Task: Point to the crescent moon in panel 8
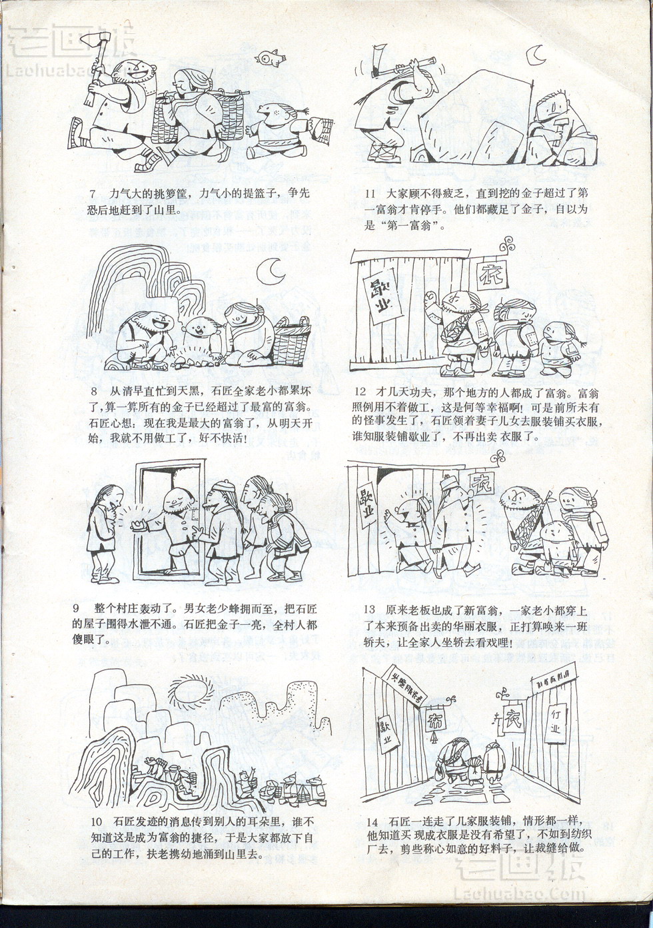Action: [x=270, y=270]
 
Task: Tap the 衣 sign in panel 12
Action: [x=492, y=275]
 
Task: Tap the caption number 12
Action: [x=360, y=392]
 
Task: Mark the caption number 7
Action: [x=93, y=193]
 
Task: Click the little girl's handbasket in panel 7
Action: [x=321, y=125]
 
